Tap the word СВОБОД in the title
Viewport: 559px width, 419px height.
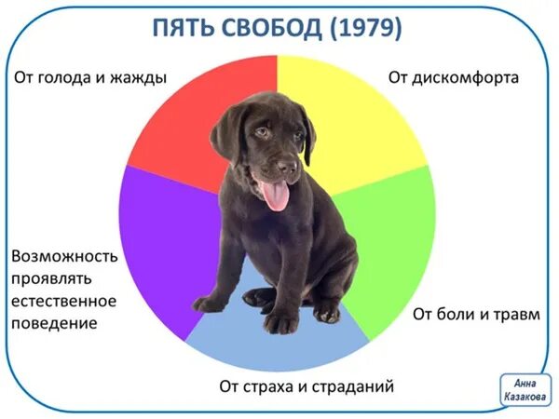(271, 29)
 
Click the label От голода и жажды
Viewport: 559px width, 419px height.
(90, 77)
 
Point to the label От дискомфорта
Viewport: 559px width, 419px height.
(454, 77)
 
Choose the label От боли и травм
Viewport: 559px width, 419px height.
(476, 313)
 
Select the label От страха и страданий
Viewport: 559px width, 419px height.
(307, 385)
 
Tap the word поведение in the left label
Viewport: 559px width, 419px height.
(55, 323)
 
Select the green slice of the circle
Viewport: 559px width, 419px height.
(391, 242)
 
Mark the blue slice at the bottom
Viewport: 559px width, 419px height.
(279, 345)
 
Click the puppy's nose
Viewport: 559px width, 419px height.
(287, 168)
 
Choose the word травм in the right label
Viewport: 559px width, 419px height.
(517, 313)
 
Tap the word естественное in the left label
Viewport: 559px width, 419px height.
(64, 301)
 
